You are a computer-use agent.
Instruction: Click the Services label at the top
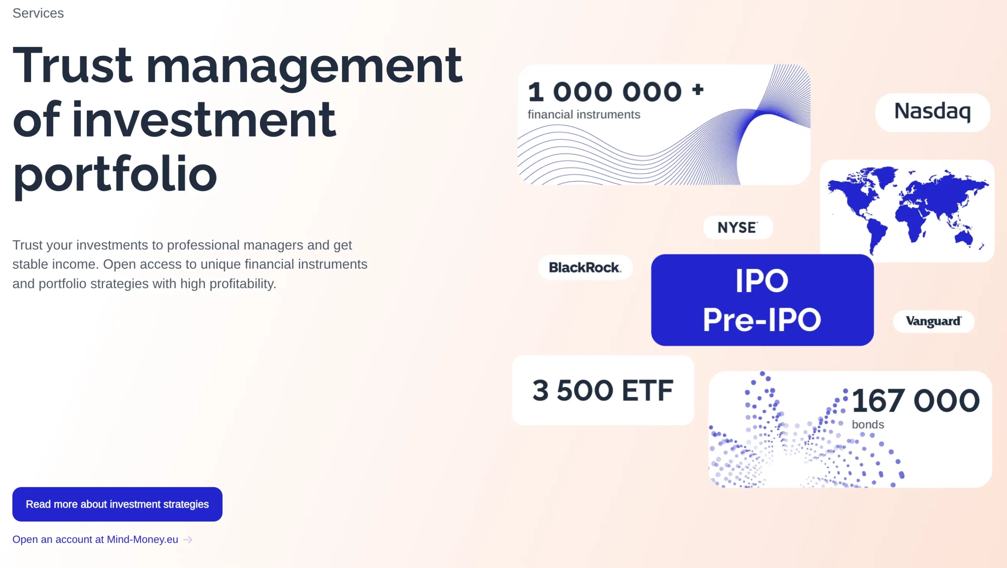[x=38, y=13]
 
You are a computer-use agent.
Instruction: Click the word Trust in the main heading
[x=73, y=65]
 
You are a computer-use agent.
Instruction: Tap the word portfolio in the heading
[x=115, y=175]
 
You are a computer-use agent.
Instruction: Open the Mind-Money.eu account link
[x=95, y=539]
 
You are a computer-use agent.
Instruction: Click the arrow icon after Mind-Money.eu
[x=188, y=540]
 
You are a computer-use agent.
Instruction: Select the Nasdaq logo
[x=932, y=112]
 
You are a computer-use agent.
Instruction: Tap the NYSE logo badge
[x=738, y=227]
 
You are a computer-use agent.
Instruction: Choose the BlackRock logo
[x=585, y=267]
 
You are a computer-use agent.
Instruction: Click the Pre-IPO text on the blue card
[x=762, y=320]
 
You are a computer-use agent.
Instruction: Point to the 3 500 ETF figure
[x=603, y=391]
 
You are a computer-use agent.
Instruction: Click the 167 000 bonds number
[x=916, y=401]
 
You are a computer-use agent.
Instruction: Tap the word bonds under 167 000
[x=868, y=425]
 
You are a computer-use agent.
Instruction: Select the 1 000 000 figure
[x=605, y=92]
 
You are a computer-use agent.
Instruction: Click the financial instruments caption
[x=584, y=114]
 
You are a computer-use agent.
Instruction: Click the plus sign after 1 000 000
[x=698, y=89]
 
